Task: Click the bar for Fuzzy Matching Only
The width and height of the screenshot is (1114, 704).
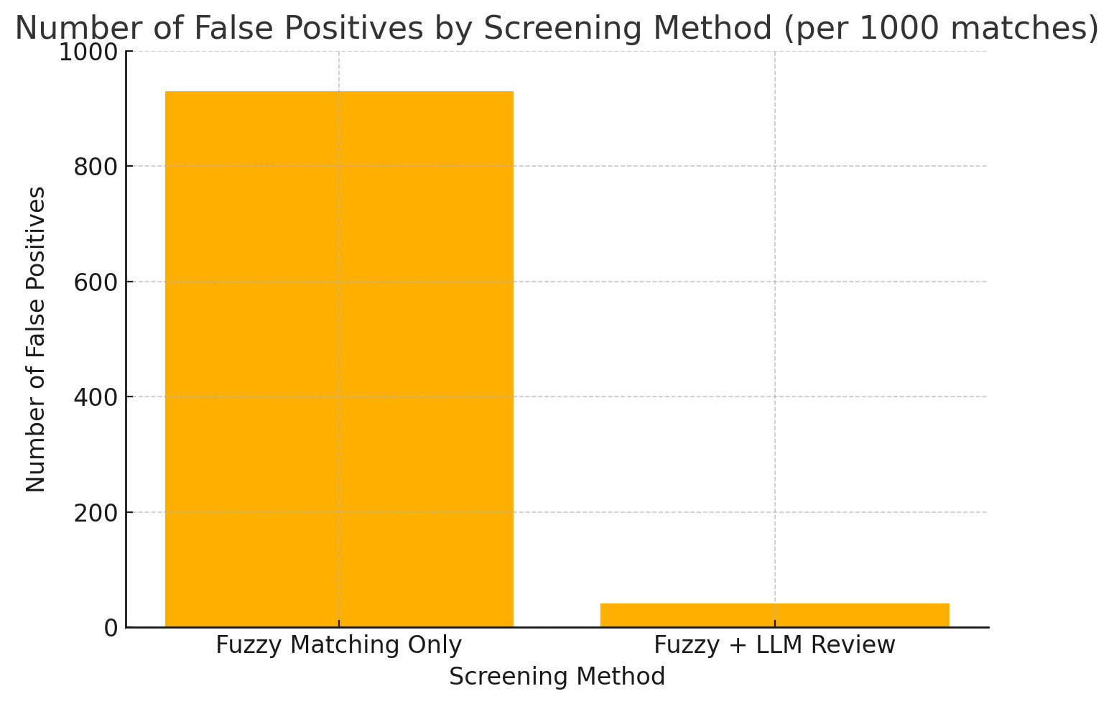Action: [339, 359]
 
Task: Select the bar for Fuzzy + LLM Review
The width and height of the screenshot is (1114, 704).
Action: [774, 615]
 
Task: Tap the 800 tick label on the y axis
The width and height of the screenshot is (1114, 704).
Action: [96, 167]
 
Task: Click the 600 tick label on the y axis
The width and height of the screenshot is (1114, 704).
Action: [96, 282]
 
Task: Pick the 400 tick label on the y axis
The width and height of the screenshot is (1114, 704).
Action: [96, 397]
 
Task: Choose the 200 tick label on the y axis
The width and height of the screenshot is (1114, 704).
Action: [96, 512]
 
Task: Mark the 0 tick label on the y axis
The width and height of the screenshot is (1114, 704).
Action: [111, 628]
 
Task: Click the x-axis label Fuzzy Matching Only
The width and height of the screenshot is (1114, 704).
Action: [339, 645]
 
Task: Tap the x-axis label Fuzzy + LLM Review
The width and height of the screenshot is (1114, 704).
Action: [774, 645]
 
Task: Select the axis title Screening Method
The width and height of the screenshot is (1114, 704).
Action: [557, 677]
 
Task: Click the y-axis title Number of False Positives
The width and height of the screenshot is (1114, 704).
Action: [36, 339]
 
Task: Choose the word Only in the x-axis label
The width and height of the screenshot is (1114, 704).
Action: [437, 645]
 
